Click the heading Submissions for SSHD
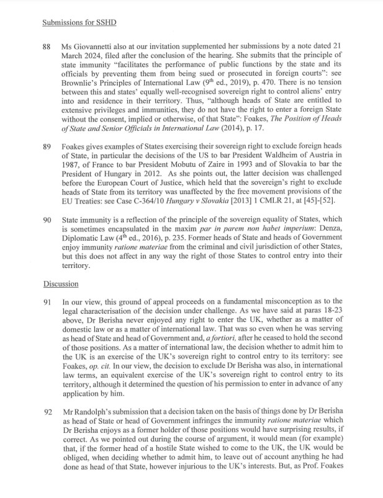coord(79,22)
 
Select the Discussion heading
coord(61,284)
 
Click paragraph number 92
coord(47,412)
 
